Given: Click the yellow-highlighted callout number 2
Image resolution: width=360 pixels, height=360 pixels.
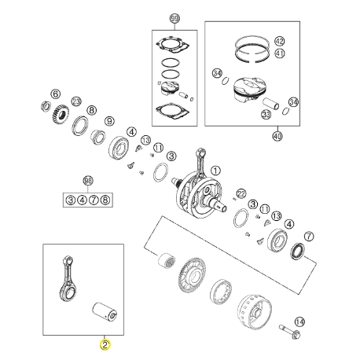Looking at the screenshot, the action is [x=105, y=344].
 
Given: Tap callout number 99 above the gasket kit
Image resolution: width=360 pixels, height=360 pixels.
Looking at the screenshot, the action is [x=174, y=18].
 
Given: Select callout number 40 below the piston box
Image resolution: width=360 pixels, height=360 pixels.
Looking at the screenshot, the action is [x=277, y=136].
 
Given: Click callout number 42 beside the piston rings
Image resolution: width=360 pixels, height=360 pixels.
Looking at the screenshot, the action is [x=280, y=41].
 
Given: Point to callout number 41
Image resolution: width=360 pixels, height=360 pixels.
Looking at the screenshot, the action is [x=280, y=53].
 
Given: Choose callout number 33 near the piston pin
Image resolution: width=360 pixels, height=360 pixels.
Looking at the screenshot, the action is [x=266, y=114].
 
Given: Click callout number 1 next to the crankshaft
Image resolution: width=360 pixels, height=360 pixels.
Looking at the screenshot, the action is [x=215, y=171].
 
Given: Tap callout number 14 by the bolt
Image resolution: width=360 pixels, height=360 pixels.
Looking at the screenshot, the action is [x=299, y=321].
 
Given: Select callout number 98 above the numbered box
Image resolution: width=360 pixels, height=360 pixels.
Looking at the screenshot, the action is [x=88, y=181].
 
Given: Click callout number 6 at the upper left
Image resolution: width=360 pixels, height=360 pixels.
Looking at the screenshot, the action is [x=55, y=94].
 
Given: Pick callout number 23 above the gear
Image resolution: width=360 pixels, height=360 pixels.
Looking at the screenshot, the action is [x=76, y=101].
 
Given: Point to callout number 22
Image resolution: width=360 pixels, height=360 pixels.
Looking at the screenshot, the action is [x=241, y=193].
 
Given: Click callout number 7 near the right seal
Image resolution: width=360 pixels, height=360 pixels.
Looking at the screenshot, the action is [x=309, y=237].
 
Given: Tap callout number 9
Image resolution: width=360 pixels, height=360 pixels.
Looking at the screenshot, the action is [x=109, y=121].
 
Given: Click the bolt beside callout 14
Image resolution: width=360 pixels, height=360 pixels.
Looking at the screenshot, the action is [x=290, y=332].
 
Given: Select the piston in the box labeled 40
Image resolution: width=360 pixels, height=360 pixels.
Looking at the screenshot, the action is [x=249, y=90].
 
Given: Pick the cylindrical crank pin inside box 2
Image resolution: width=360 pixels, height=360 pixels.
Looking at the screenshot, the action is [x=105, y=311].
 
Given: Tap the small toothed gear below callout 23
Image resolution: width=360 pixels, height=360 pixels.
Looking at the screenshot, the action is [x=61, y=114].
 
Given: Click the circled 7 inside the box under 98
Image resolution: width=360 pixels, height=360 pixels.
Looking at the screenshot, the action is [x=94, y=200].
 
